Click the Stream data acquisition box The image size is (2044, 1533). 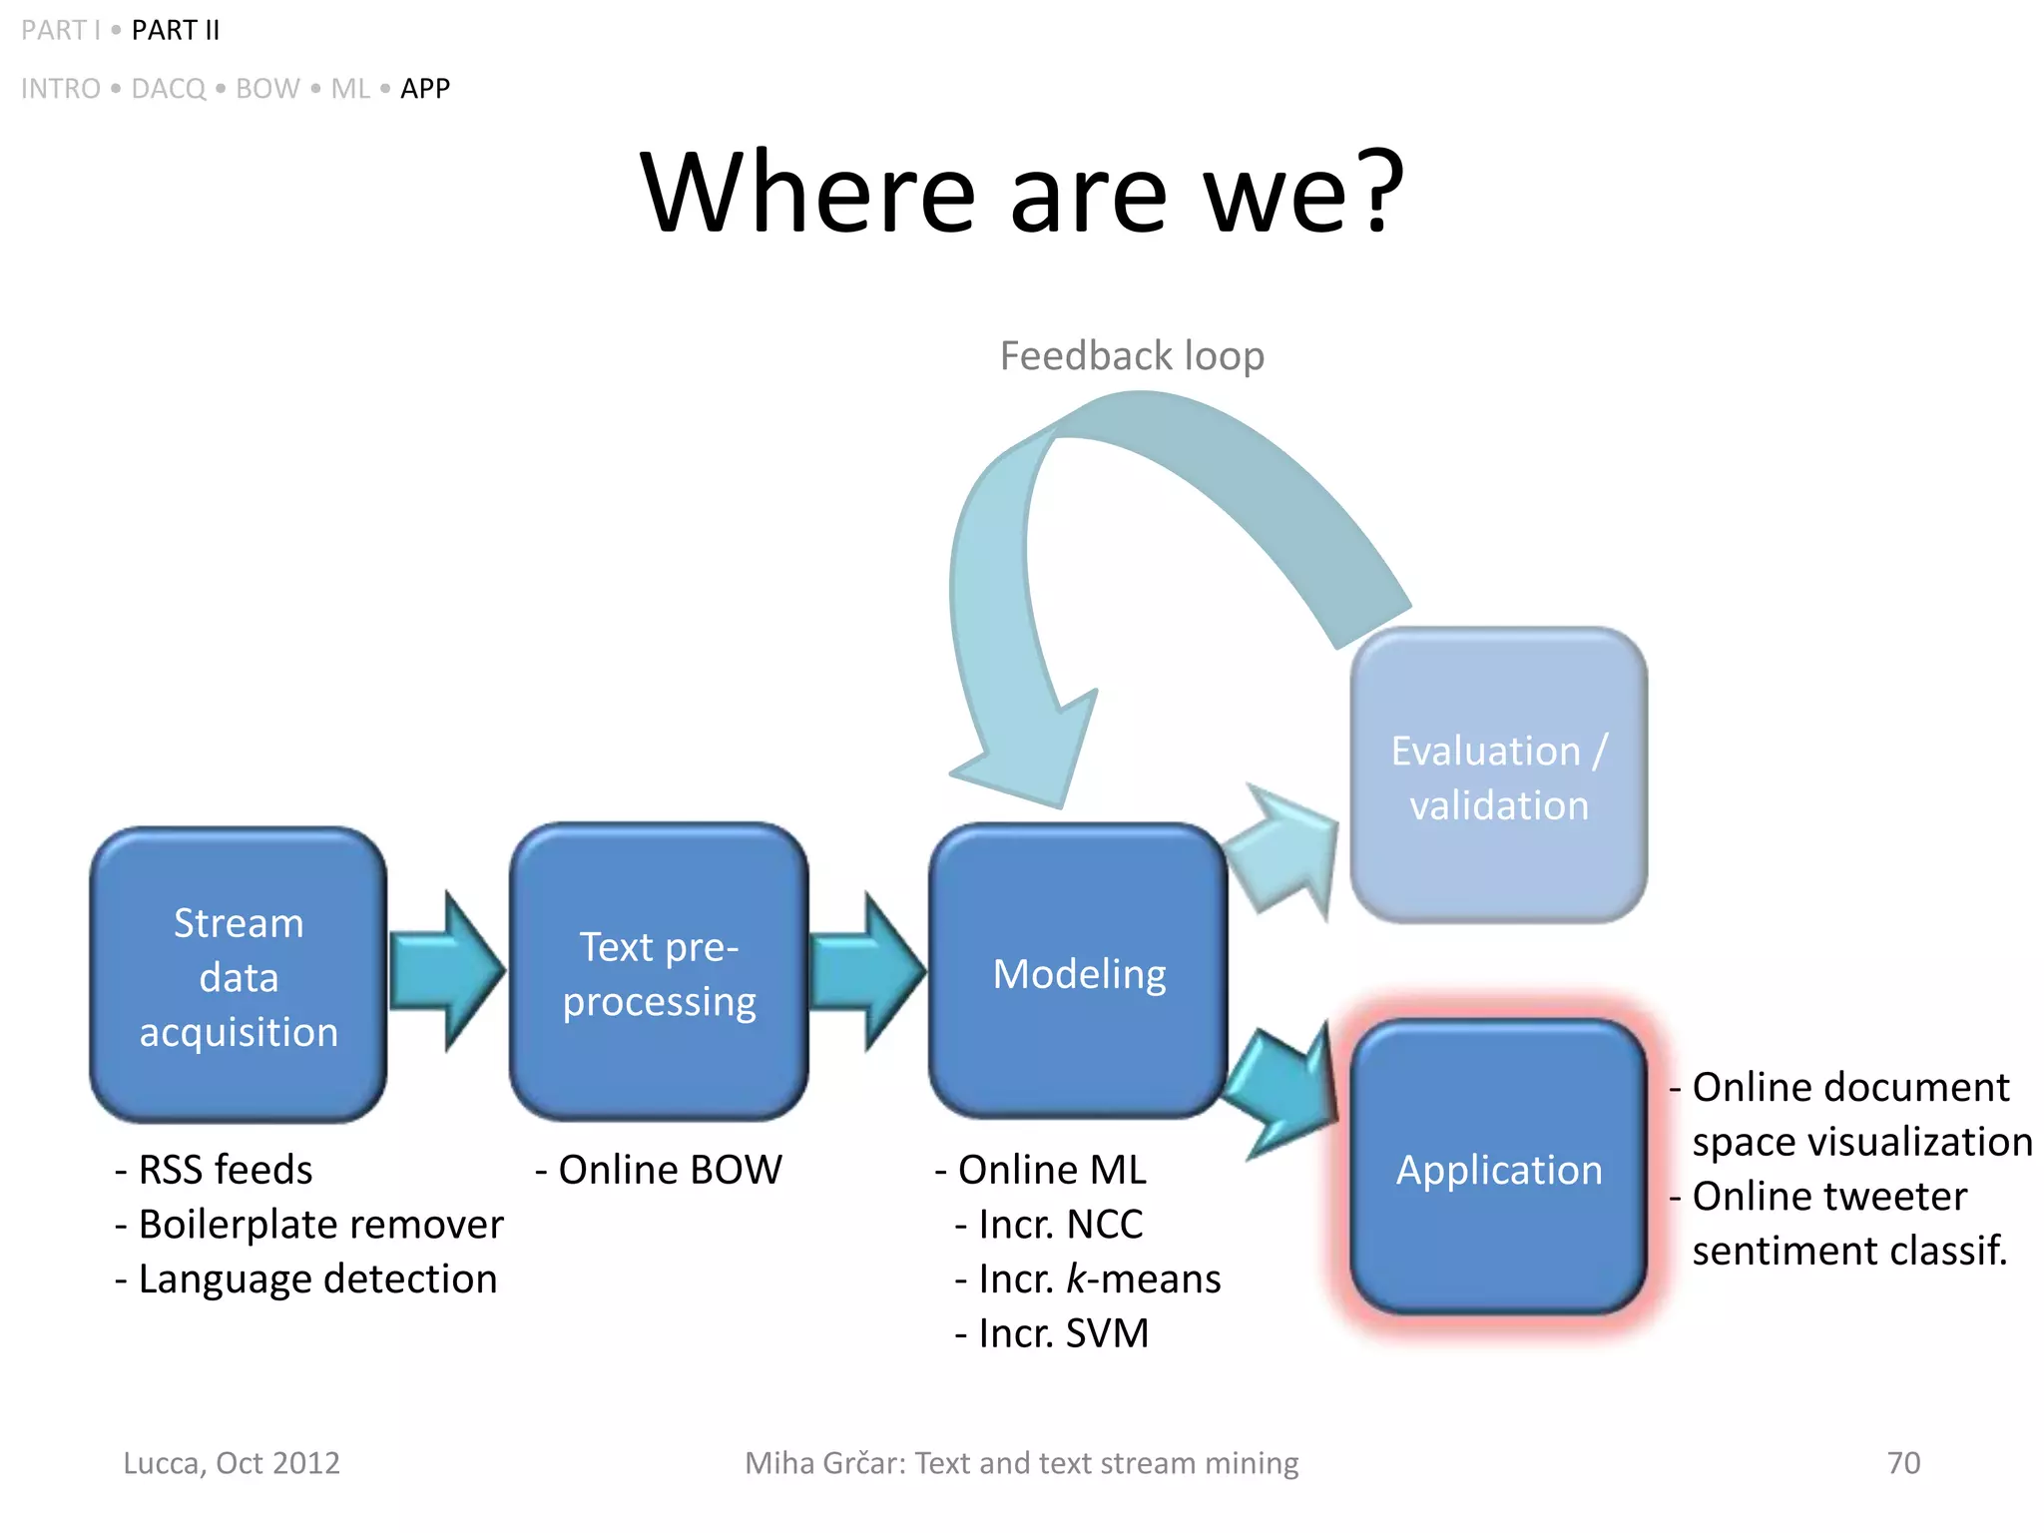pyautogui.click(x=238, y=975)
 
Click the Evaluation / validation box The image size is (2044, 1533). pyautogui.click(x=1497, y=776)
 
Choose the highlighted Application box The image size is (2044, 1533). pyautogui.click(x=1497, y=1168)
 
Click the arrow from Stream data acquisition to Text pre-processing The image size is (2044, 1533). pyautogui.click(x=446, y=971)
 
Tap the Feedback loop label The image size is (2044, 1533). pyautogui.click(x=1132, y=356)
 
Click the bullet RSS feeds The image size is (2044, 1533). pyautogui.click(x=214, y=1170)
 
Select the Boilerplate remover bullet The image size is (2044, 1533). pyautogui.click(x=309, y=1225)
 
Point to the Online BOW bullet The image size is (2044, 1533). pyautogui.click(x=659, y=1170)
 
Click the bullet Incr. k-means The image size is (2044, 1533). pyautogui.click(x=1088, y=1279)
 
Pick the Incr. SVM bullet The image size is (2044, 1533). pyautogui.click(x=1053, y=1334)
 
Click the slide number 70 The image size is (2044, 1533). pyautogui.click(x=1903, y=1463)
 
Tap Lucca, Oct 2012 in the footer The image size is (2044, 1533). pyautogui.click(x=232, y=1463)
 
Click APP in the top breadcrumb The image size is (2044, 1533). pyautogui.click(x=425, y=89)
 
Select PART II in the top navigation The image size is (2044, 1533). pyautogui.click(x=176, y=31)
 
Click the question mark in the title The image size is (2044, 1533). pyautogui.click(x=1379, y=190)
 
